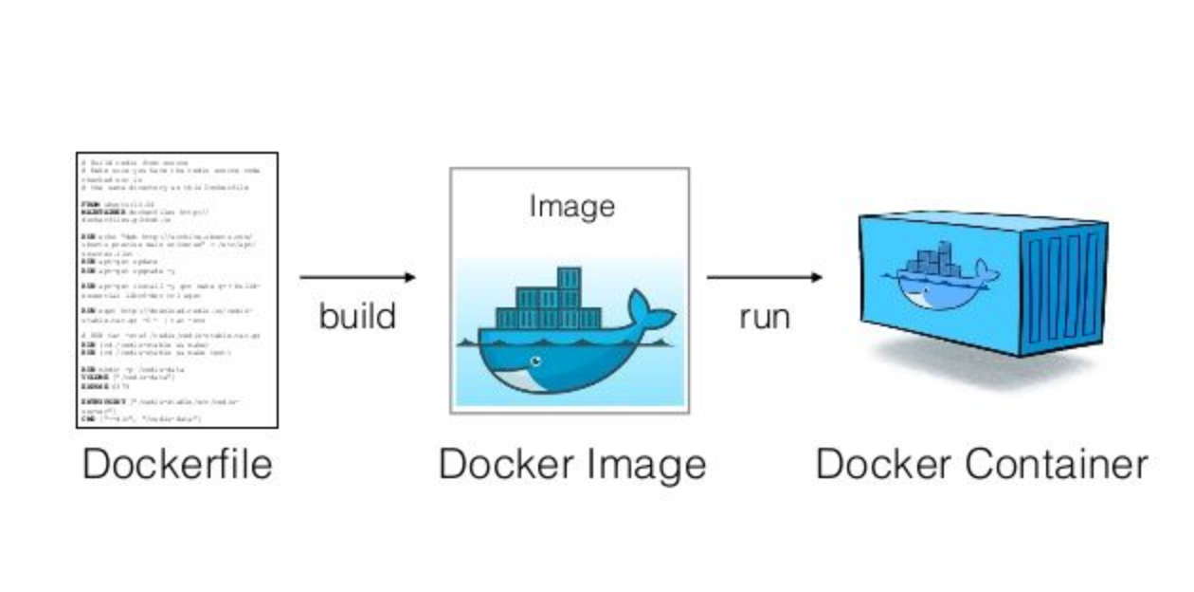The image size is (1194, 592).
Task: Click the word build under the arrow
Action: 356,316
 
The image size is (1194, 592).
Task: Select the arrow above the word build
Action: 357,277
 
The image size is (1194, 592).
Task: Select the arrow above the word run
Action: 764,277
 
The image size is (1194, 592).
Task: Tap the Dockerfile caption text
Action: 177,464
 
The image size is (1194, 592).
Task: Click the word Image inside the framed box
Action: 571,206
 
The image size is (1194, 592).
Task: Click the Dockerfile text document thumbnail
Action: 177,289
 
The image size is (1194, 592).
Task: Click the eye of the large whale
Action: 536,361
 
